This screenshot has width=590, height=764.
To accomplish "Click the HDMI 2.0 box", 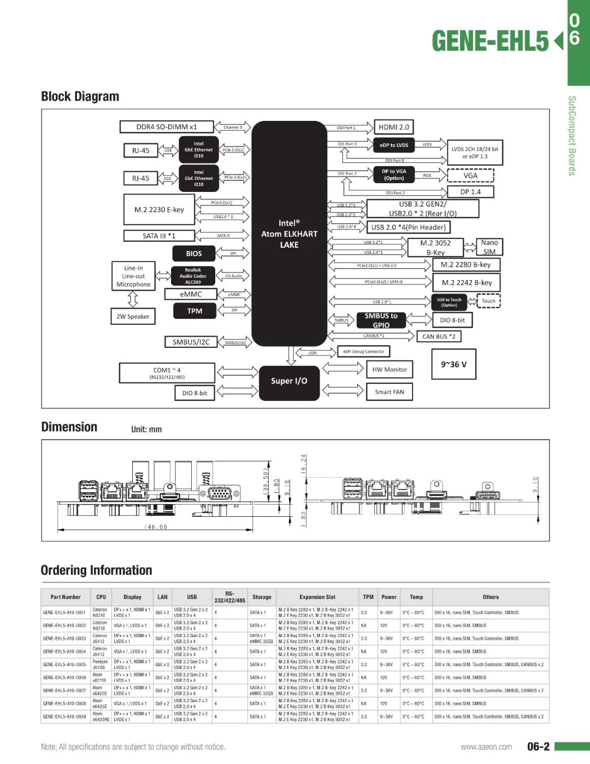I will tap(393, 127).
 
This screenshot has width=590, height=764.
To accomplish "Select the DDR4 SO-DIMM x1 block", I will tap(166, 127).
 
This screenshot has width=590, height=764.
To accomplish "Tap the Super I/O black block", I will tap(289, 381).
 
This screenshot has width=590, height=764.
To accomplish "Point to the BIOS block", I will tap(193, 254).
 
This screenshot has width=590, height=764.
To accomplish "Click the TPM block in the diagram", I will tap(194, 311).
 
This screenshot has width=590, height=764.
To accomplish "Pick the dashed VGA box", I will tap(470, 176).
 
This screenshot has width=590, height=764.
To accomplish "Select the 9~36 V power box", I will tap(453, 364).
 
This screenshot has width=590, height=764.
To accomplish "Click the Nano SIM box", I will tap(489, 247).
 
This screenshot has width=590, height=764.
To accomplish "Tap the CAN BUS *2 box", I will tap(439, 336).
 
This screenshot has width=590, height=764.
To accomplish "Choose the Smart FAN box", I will tap(389, 392).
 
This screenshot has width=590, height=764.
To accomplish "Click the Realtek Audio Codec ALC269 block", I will tap(193, 276).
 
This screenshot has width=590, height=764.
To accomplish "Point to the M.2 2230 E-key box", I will tap(159, 209).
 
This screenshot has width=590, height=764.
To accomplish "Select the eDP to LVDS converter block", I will tap(394, 145).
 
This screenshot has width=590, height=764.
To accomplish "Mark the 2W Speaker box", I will tap(133, 316).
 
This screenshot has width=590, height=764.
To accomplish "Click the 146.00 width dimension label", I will tap(156, 527).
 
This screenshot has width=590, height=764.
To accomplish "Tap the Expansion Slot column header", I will tap(317, 597).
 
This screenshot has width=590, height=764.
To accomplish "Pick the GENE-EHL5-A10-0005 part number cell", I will tap(64, 664).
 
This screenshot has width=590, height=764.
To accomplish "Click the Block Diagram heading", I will tap(80, 96).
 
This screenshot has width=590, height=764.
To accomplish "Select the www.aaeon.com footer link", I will tap(486, 747).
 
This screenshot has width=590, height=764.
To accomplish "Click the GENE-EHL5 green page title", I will tap(490, 41).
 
